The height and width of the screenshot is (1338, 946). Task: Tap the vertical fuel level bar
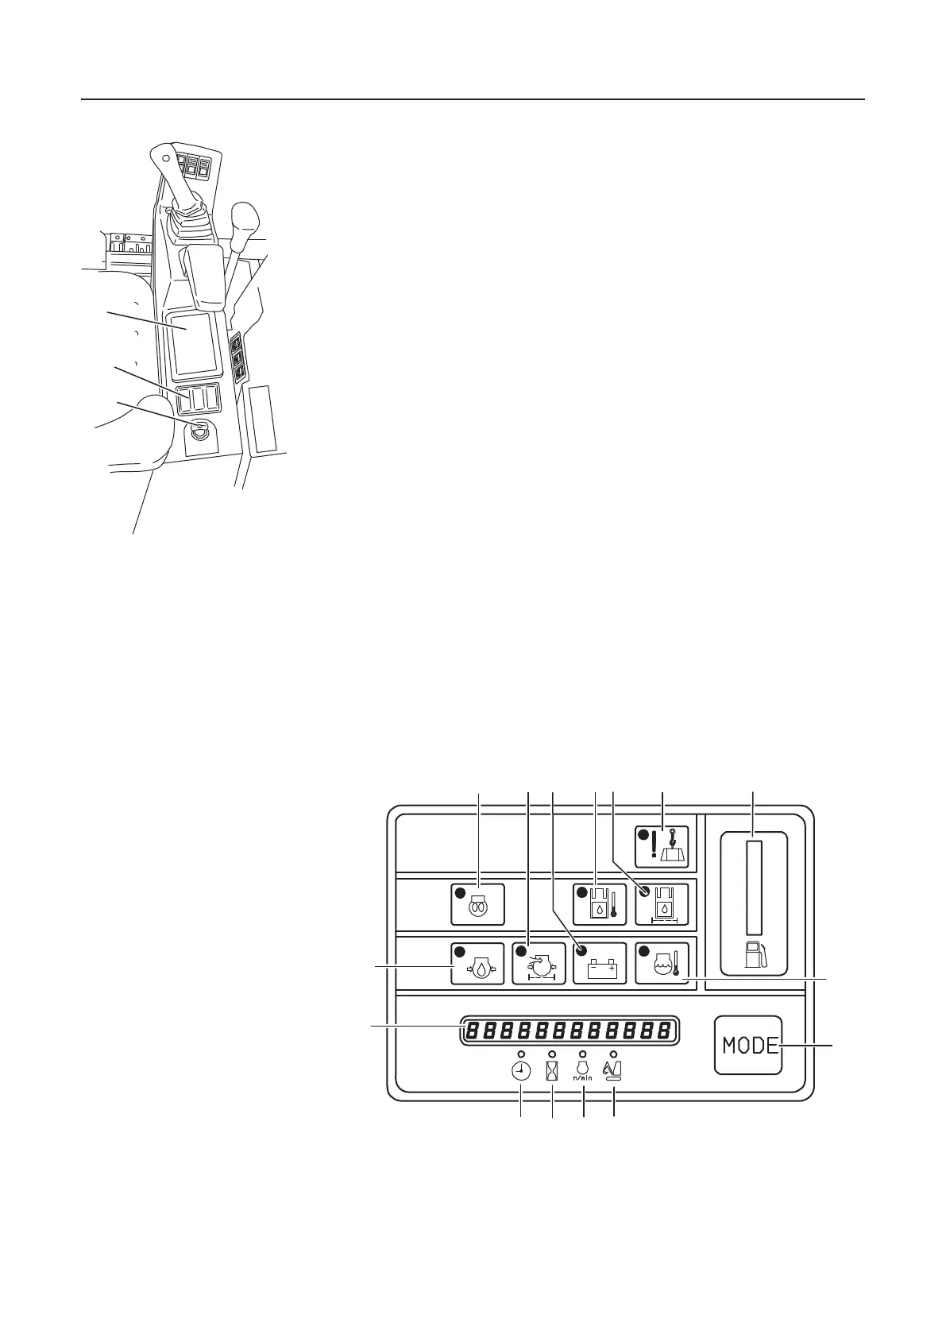(x=753, y=889)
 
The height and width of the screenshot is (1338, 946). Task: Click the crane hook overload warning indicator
(x=662, y=849)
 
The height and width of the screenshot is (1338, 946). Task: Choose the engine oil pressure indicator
(x=477, y=964)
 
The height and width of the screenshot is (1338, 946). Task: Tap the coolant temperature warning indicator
(x=662, y=964)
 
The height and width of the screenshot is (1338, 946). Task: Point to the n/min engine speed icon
(x=583, y=1071)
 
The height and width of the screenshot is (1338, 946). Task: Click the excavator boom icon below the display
(x=613, y=1071)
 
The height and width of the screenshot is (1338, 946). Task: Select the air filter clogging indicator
(x=539, y=964)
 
